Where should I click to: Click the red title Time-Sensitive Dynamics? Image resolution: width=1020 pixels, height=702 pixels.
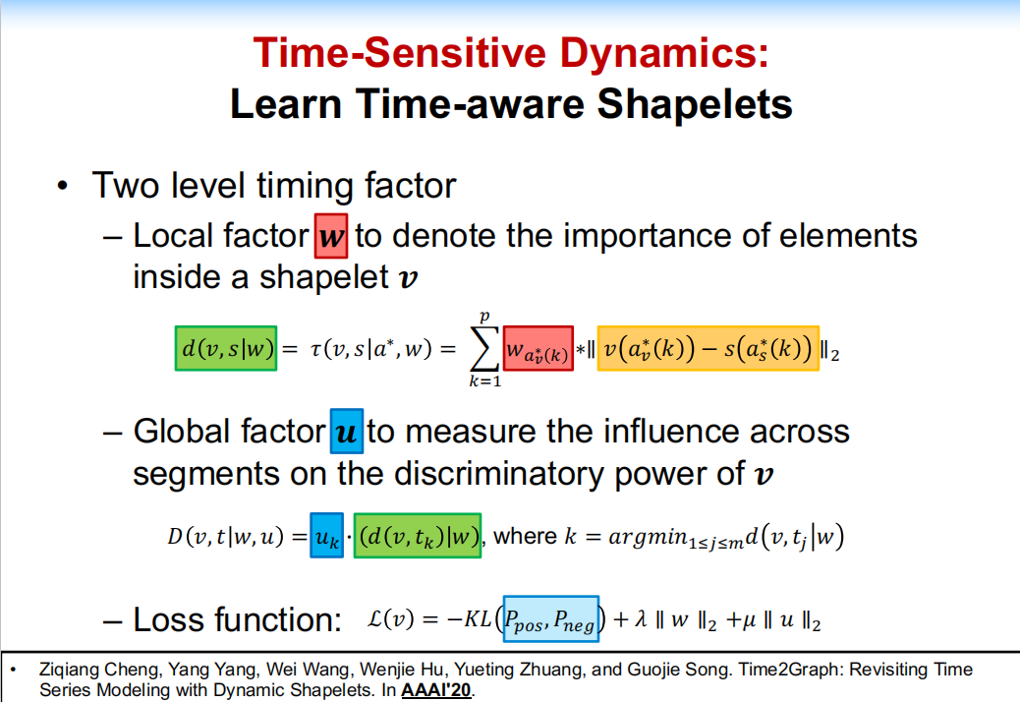click(510, 51)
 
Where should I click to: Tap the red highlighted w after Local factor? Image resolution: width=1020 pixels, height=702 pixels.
click(331, 237)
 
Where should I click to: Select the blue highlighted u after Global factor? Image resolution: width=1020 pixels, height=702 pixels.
click(345, 432)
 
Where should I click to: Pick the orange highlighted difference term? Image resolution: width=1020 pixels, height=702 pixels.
click(708, 348)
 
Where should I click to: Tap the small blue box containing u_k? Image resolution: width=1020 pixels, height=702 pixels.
click(325, 537)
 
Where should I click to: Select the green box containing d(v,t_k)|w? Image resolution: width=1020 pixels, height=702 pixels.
click(418, 537)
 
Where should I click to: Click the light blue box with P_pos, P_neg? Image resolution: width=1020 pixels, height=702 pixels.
click(550, 619)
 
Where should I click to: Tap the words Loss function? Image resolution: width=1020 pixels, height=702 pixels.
click(236, 619)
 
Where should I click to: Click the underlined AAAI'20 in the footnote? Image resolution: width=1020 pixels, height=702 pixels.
click(436, 690)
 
